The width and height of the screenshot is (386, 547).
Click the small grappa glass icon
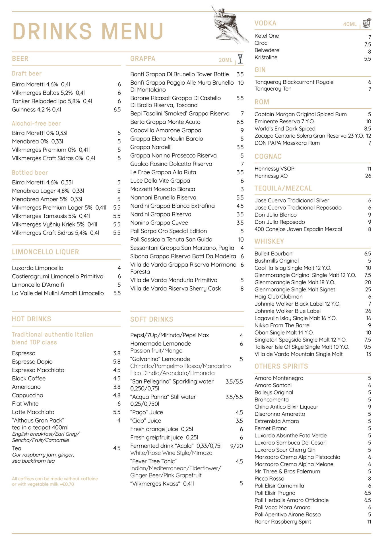[240, 59]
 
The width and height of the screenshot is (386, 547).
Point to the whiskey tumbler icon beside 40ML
[367, 23]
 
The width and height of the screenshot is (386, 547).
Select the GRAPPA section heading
[143, 59]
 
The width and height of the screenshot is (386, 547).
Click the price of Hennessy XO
[368, 176]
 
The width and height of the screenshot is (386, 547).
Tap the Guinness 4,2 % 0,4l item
[36, 110]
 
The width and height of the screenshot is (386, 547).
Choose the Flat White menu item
[25, 404]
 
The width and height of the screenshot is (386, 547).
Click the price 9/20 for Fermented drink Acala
[236, 446]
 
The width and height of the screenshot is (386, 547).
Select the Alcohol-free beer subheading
[36, 124]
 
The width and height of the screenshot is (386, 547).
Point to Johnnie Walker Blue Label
[287, 311]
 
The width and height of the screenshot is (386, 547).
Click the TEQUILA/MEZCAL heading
[283, 188]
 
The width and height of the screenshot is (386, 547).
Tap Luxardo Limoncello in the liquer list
[38, 268]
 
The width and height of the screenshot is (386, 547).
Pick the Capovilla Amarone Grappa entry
[166, 130]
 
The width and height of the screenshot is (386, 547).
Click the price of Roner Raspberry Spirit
[369, 522]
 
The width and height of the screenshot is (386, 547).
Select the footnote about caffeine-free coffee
[55, 481]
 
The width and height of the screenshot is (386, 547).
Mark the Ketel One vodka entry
[267, 36]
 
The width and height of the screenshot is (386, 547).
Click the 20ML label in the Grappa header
[225, 60]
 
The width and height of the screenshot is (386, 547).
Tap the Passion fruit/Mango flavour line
[156, 351]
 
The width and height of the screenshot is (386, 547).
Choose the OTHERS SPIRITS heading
[281, 366]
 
